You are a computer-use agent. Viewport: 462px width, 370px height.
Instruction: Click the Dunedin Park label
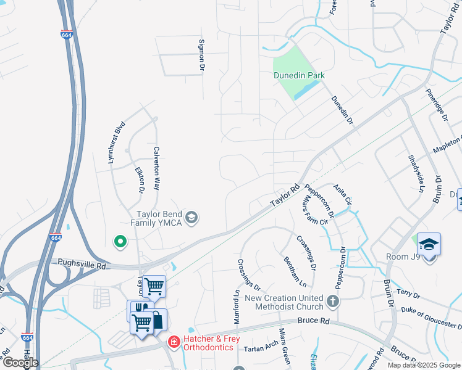(300, 76)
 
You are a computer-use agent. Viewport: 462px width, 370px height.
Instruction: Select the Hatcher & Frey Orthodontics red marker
(174, 341)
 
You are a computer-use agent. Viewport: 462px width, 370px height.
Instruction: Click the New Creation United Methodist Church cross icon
(333, 302)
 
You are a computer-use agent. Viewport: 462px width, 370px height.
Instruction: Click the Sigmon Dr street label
(201, 54)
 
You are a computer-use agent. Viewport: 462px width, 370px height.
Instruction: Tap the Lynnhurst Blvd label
(112, 141)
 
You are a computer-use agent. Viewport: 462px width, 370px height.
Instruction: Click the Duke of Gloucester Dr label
(430, 318)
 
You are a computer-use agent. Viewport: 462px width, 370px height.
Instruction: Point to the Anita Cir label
(342, 195)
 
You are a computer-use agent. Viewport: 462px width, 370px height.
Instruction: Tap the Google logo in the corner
(20, 362)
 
